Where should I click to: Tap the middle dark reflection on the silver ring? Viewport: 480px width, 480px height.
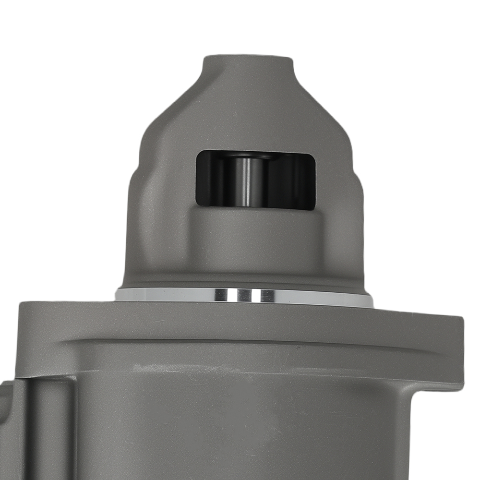click(244, 295)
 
